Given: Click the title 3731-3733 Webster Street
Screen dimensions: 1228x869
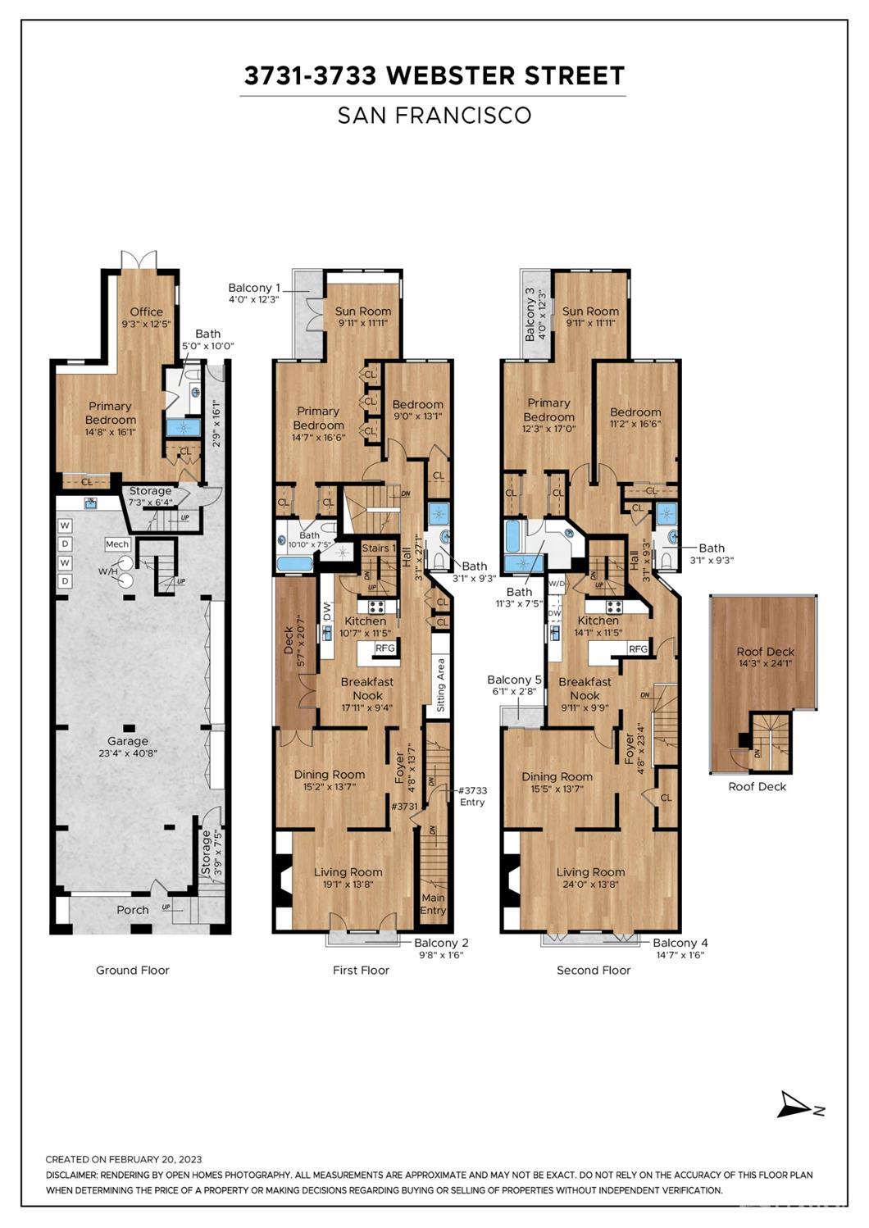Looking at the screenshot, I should [x=434, y=75].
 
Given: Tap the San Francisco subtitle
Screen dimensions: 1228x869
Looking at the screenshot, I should [x=434, y=116].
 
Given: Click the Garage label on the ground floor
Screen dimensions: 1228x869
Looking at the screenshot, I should [x=128, y=741].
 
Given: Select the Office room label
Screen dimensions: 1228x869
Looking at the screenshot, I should [x=147, y=312].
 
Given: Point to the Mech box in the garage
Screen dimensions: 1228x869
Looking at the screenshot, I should [x=117, y=544].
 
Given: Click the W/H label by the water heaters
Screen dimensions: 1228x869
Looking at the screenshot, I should [x=107, y=571].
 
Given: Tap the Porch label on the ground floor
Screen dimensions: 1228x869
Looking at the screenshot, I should [x=133, y=910].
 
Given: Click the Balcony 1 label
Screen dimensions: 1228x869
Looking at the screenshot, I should [x=254, y=288].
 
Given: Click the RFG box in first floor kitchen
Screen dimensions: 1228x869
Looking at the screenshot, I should [x=385, y=648].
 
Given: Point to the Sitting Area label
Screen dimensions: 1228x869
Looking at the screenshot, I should [x=441, y=684].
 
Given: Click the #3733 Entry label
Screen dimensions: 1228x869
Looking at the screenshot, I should [x=472, y=796].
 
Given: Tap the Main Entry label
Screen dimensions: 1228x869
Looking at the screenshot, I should [x=433, y=904].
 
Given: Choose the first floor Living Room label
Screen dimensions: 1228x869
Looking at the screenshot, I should [x=348, y=872].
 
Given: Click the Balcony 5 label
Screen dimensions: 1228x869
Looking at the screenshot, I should [x=515, y=680].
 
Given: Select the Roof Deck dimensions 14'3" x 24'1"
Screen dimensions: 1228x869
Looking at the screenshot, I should [x=765, y=664].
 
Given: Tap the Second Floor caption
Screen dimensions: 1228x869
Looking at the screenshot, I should [x=594, y=971].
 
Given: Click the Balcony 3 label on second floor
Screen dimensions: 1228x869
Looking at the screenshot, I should [x=530, y=315].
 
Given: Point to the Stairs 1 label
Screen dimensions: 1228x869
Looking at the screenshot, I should [x=379, y=548].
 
